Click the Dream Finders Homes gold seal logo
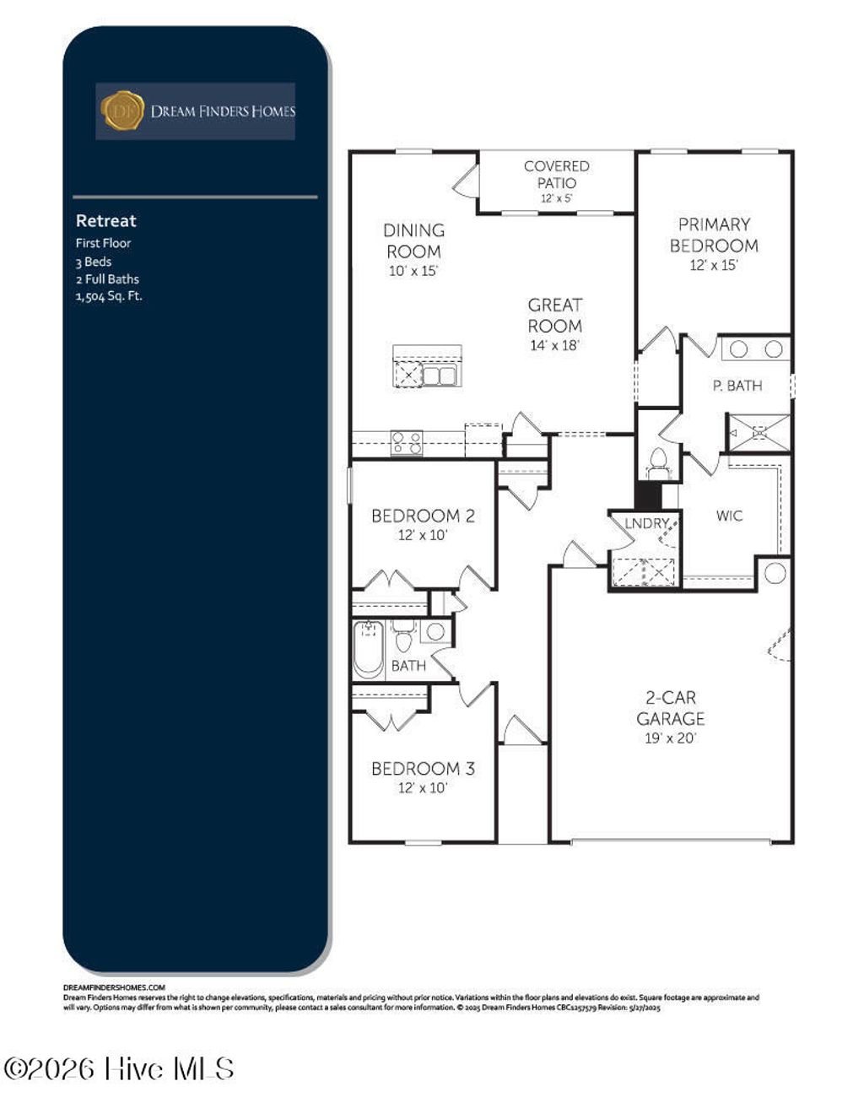(122, 111)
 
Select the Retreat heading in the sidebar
(105, 221)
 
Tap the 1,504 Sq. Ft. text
(109, 296)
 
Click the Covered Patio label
(556, 175)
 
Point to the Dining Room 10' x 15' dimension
(413, 271)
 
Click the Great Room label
(554, 316)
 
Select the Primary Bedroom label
(714, 235)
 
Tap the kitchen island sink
(439, 376)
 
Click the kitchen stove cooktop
(406, 442)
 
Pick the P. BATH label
(737, 386)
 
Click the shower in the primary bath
(759, 432)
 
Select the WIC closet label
(729, 516)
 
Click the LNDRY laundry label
(646, 523)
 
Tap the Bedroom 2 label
(423, 516)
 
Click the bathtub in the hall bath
(368, 648)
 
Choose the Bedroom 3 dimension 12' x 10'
(423, 787)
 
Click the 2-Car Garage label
(670, 708)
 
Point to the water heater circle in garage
(775, 574)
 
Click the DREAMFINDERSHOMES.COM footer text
(114, 987)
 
